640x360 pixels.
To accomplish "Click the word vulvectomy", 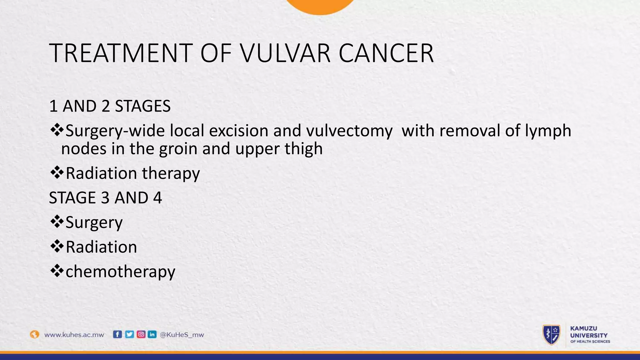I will point(349,131).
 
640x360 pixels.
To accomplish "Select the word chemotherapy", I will point(120,272).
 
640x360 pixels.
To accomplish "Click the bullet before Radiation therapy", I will point(57,173).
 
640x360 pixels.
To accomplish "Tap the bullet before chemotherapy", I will point(57,271).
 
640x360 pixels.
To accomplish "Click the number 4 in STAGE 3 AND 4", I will point(157,198).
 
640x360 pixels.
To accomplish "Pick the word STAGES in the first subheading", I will point(142,106).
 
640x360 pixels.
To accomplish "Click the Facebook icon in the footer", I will point(117,334).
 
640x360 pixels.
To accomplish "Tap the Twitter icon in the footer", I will point(129,334).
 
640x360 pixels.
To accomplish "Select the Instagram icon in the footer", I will point(141,334).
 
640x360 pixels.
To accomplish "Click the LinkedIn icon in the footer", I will point(152,334).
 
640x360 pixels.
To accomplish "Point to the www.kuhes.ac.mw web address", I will point(74,335).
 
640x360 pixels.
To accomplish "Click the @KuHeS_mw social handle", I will point(182,335).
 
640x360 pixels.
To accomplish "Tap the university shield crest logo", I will point(551,335).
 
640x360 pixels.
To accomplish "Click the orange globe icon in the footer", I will point(34,334).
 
